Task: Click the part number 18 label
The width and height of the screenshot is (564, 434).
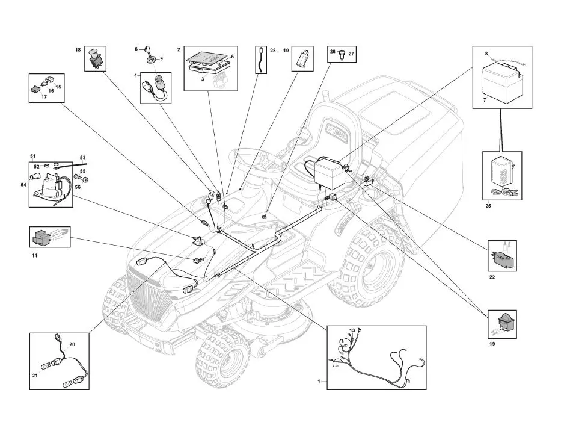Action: coord(78,50)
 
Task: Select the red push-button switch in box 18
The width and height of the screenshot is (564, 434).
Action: coord(96,58)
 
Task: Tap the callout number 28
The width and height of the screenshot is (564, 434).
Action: coord(272,51)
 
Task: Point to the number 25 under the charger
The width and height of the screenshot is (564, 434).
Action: coord(488,206)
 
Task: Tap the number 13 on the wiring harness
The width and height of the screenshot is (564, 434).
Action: coord(352,330)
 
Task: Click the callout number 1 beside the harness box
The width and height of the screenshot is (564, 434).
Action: coord(319,382)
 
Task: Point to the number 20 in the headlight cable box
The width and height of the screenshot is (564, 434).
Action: coord(72,344)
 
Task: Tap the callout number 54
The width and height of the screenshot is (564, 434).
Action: coord(23,184)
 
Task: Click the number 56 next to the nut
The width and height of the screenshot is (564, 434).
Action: coord(78,187)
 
